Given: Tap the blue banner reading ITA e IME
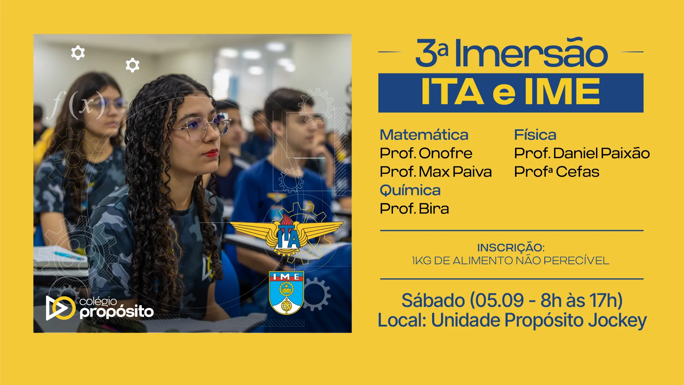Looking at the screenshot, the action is pyautogui.click(x=511, y=93).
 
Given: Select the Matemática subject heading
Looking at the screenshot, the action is pyautogui.click(x=424, y=135).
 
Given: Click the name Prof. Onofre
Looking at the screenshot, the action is pyautogui.click(x=426, y=153).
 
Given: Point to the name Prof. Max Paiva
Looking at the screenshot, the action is pyautogui.click(x=436, y=172).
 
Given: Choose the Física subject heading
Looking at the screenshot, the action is pyautogui.click(x=535, y=135).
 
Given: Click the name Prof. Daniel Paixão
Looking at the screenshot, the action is pyautogui.click(x=582, y=153).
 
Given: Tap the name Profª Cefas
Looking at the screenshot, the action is pyautogui.click(x=556, y=172).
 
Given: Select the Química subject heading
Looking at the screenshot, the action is pyautogui.click(x=410, y=190).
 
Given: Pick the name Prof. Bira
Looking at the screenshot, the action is pyautogui.click(x=414, y=209).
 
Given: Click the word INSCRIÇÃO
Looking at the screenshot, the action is pyautogui.click(x=511, y=247).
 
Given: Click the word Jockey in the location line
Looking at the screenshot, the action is pyautogui.click(x=617, y=320).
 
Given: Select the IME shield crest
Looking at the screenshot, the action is pyautogui.click(x=286, y=293).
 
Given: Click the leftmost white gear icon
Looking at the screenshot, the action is pyautogui.click(x=78, y=53).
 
